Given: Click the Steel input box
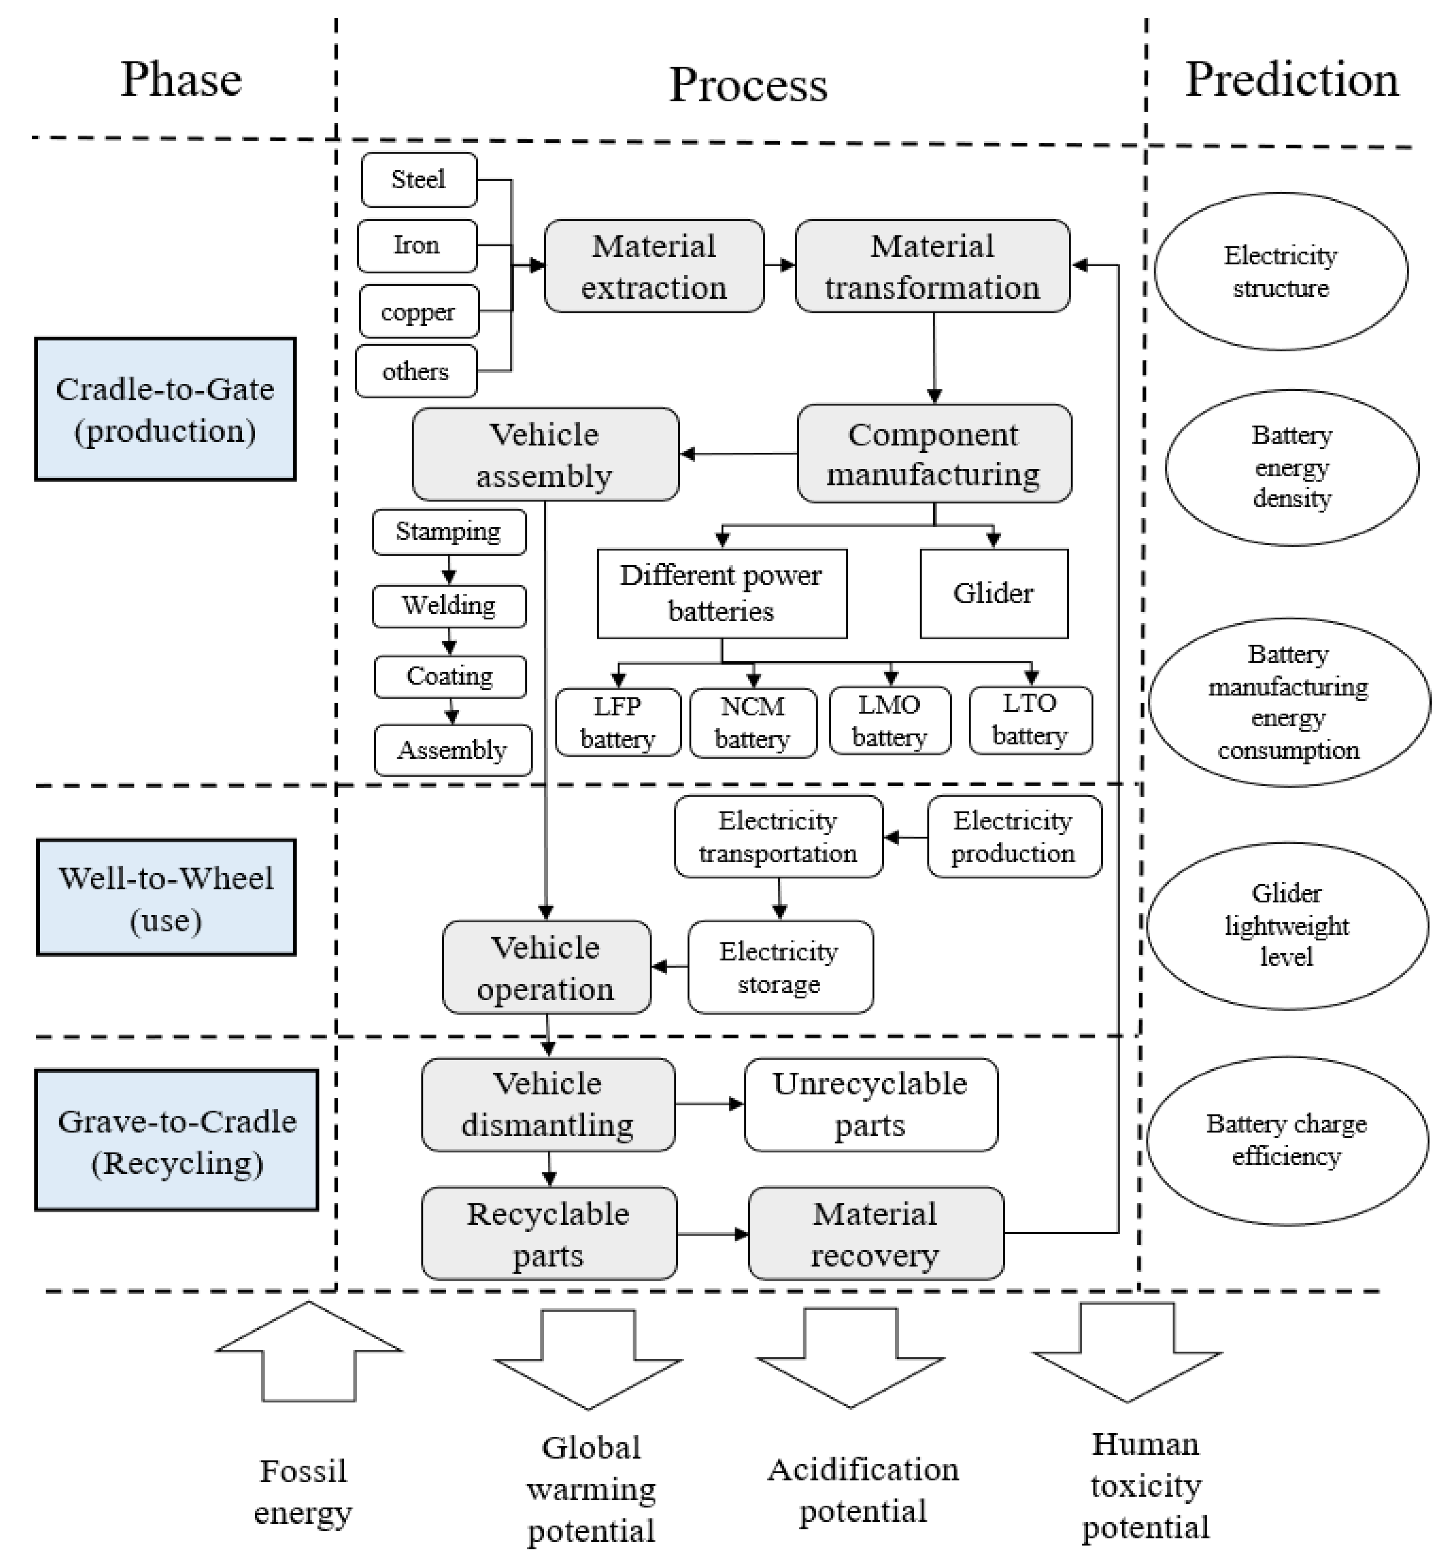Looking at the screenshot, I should pos(419,180).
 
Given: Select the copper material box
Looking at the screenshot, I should pos(419,311).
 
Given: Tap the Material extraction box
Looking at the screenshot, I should pos(654,266).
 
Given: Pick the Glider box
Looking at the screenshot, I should pos(993,593).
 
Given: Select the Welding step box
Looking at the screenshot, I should pos(449,606).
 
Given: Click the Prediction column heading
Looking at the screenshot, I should pos(1291,80).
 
